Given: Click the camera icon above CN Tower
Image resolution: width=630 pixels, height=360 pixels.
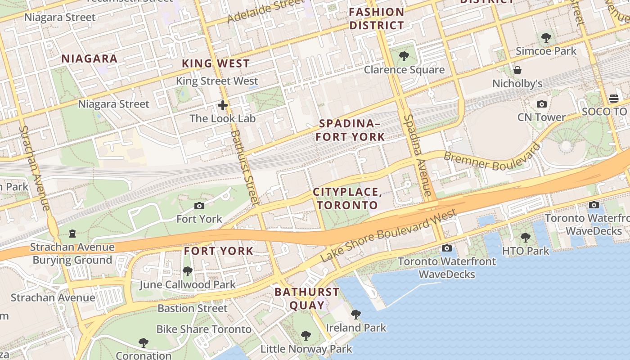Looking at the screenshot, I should pos(542,104).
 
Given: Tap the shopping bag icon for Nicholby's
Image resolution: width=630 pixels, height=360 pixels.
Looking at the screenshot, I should pos(517,70).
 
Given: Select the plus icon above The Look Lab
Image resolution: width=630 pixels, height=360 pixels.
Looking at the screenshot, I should pos(222,106).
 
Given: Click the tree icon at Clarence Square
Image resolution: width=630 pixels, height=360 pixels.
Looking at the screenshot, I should pos(404,56).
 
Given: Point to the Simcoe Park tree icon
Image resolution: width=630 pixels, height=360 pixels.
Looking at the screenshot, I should pos(546,38).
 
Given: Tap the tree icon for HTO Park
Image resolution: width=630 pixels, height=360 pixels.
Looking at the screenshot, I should pos(525,237).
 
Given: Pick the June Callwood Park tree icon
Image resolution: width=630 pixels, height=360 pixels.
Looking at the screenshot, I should pos(187,271).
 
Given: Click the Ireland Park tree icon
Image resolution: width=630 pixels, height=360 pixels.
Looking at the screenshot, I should pos(355,314).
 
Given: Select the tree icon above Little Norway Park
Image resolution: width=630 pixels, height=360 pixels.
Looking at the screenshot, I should pos(306,335).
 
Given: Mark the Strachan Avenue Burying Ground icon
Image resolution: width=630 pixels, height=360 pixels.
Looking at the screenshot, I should pos(72,234).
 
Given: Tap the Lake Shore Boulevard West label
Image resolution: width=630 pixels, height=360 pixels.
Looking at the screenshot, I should pos(389,236).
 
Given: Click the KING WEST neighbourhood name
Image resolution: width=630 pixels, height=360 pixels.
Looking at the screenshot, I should pos(216,63).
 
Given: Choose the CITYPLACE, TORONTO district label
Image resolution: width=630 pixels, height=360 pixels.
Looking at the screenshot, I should pos(347,198).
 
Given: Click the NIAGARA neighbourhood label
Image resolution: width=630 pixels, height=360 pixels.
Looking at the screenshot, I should pos(89,58).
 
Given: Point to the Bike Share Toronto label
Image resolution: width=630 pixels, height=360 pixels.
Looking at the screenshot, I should pos(203,329).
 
